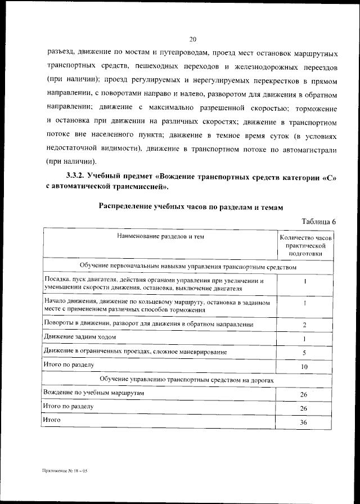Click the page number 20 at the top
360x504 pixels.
tap(192, 39)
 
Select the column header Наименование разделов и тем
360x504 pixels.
tap(160, 237)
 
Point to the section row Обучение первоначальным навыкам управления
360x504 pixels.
tap(188, 267)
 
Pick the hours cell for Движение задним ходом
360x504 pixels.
tap(304, 339)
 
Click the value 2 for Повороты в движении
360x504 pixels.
tap(304, 325)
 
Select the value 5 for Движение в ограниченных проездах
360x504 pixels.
tap(304, 353)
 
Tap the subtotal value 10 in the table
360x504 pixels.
tap(304, 367)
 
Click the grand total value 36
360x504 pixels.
tap(304, 423)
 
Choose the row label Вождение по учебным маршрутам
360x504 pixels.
tap(94, 392)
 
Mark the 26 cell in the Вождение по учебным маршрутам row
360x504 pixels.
tap(304, 394)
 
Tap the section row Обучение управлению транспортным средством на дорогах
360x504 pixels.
tap(188, 380)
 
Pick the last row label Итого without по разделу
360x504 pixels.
tap(51, 420)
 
